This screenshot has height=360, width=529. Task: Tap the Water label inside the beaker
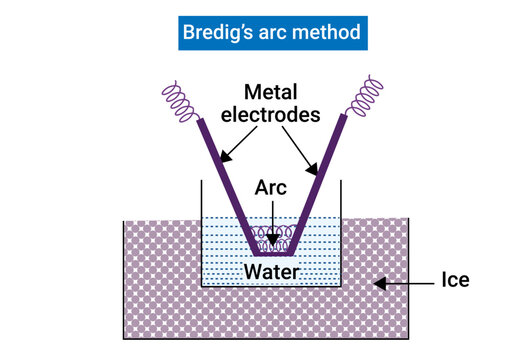coord(271,270)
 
